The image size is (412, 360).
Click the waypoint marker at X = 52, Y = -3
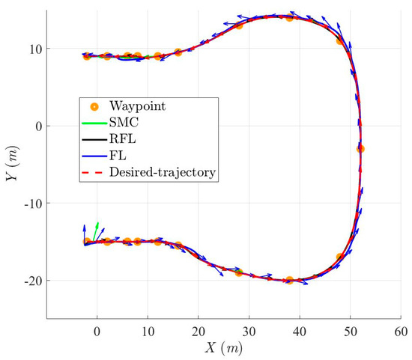(360, 149)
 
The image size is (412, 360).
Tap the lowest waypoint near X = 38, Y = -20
(289, 280)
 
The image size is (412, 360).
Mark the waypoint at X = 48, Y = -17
(340, 257)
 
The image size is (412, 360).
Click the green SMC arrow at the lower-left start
(95, 229)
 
